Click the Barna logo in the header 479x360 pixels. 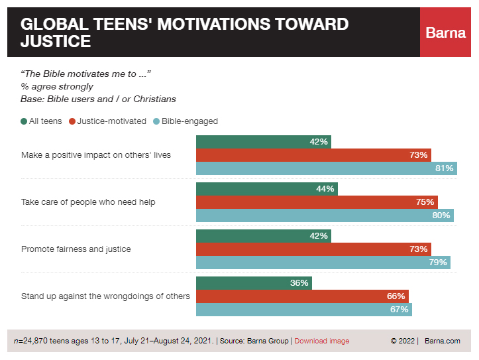446,32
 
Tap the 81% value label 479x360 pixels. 444,168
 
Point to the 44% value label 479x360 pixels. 325,189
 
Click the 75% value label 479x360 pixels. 425,202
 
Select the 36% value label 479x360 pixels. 299,283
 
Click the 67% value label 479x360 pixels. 399,310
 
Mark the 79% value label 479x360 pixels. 438,263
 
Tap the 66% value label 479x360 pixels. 396,296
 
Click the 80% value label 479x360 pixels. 441,215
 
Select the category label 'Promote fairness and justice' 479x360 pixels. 76,249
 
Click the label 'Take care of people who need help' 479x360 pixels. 88,202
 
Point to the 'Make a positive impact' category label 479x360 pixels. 96,155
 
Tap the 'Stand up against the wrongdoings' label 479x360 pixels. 105,296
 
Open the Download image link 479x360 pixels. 321,341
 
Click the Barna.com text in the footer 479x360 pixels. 443,341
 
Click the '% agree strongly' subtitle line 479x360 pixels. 57,86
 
